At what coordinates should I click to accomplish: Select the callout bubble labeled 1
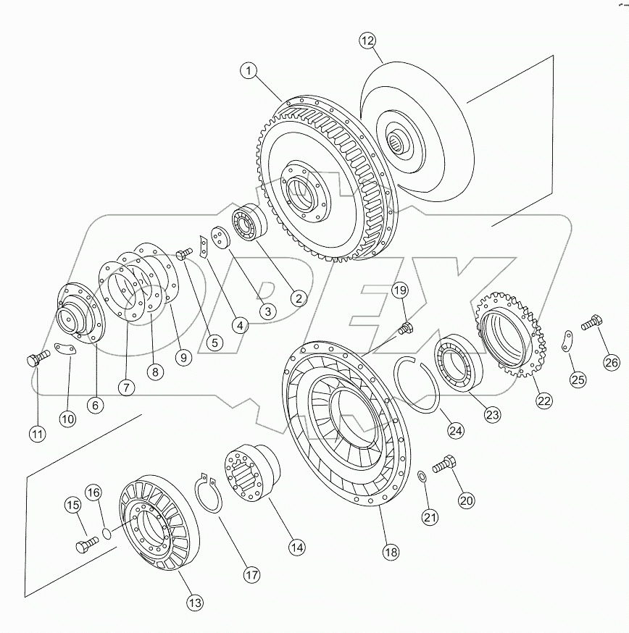(x=249, y=71)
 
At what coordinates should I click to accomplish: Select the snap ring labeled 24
(x=417, y=384)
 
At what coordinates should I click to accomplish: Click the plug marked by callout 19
(x=406, y=330)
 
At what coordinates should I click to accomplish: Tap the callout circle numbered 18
(x=391, y=553)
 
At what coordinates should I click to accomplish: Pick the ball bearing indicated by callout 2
(x=249, y=225)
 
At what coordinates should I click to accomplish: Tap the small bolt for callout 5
(x=184, y=253)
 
